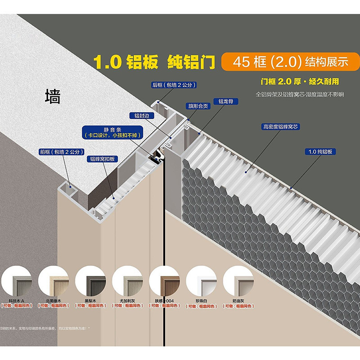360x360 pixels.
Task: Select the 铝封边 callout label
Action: [141, 116]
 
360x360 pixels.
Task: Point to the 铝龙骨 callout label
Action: [225, 102]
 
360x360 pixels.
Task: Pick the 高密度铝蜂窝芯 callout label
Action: [281, 127]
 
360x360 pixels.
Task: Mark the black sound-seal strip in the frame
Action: [157, 157]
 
